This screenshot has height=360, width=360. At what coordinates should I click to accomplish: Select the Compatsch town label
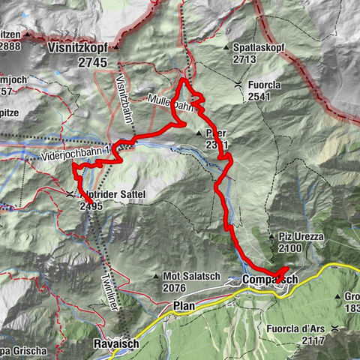271,280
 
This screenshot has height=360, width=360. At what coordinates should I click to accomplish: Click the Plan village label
184,306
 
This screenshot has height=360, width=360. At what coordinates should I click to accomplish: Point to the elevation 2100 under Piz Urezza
292,247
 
